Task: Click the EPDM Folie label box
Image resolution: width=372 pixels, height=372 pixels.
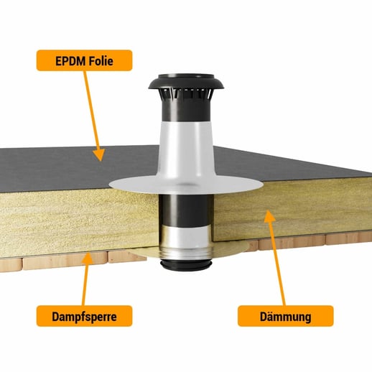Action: click(84, 60)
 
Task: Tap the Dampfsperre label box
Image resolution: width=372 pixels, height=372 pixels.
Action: click(84, 316)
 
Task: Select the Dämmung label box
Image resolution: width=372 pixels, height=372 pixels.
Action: click(286, 316)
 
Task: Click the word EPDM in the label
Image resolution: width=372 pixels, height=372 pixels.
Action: click(70, 61)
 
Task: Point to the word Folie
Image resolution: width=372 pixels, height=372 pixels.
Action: click(101, 61)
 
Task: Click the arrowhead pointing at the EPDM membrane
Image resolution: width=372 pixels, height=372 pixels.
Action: click(100, 154)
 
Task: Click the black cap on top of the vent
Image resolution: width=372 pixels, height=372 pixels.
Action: click(186, 82)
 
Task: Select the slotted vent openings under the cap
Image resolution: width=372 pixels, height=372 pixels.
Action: click(186, 94)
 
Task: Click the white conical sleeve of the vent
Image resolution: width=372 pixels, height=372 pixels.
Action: click(186, 149)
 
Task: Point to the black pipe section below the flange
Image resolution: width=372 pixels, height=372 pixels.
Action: click(185, 210)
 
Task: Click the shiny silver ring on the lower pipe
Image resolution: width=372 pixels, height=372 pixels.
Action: click(186, 237)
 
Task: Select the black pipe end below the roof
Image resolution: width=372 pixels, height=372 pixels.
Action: click(186, 265)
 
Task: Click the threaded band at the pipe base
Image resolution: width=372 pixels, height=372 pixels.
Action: click(186, 254)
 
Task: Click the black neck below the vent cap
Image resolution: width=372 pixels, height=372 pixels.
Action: click(186, 110)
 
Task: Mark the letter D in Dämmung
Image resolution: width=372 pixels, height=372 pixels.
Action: click(264, 317)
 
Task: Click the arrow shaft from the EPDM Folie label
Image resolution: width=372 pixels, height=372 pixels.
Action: click(91, 110)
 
